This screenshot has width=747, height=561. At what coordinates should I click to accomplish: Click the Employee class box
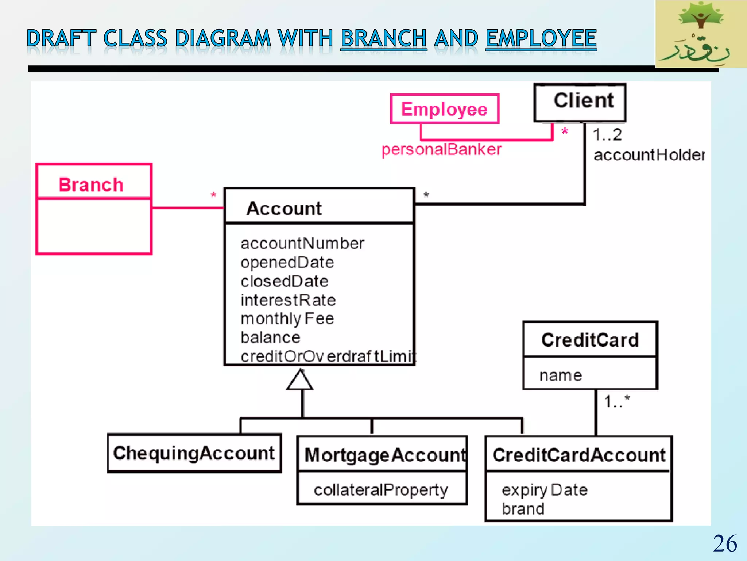coord(444,109)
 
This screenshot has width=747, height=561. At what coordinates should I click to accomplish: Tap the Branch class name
coord(91,184)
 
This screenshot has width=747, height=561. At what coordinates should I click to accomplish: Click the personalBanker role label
coord(441,149)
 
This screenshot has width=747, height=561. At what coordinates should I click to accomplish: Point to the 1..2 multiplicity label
coord(607,135)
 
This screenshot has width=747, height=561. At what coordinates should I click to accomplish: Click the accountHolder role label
coord(649,155)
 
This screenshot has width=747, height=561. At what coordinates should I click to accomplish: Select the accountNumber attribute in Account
coord(302,243)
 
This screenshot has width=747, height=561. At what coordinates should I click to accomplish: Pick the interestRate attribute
coord(288,300)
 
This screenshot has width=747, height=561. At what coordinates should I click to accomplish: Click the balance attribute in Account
coord(270,337)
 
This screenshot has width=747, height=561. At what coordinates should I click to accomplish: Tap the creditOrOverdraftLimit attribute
coord(328,356)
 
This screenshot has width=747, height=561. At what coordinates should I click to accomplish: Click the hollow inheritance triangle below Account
coord(300,381)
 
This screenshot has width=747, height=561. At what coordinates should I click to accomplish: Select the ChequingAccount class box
coord(194,453)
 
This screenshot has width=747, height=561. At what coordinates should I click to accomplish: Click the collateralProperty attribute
coord(380,490)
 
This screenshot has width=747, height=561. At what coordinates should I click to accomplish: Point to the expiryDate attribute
coord(544,490)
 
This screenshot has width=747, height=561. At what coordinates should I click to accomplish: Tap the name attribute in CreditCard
coord(561,375)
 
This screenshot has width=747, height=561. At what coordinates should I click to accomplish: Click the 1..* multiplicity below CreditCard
coord(616,401)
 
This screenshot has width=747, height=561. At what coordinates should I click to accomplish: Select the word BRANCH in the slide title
coord(383,38)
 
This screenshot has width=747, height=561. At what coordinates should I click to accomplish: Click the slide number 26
coord(725,543)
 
